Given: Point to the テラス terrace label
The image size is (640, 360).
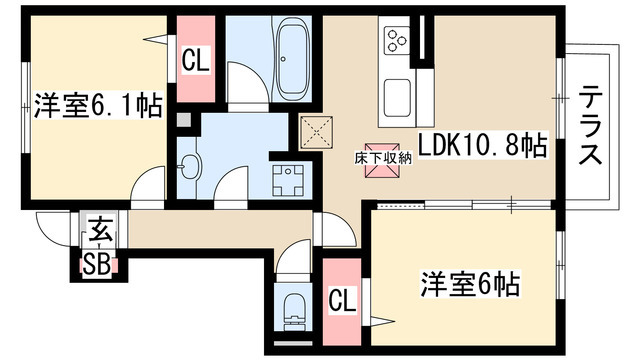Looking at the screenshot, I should point(590,127).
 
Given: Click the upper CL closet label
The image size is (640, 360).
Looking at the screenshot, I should point(195,60).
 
